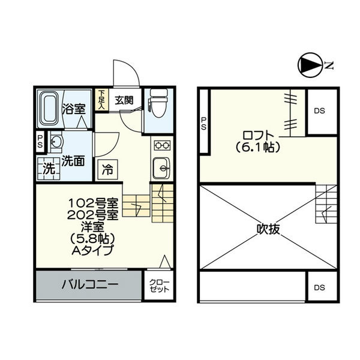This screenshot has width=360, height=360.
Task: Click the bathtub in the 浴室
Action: [50, 109]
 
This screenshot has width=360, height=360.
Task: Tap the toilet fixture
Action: [158, 103]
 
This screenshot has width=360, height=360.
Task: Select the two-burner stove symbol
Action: [163, 145]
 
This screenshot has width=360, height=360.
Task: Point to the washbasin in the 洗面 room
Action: [56, 142]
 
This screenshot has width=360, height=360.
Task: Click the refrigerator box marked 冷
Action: [107, 170]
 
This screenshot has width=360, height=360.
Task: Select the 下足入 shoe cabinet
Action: [102, 100]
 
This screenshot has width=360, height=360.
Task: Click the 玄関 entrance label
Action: [124, 100]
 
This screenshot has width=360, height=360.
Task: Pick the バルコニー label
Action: [90, 284]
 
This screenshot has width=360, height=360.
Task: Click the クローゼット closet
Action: [159, 286]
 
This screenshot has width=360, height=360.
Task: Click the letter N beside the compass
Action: [329, 65]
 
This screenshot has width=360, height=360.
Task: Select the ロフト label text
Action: [258, 136]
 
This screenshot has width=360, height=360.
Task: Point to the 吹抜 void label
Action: [268, 229]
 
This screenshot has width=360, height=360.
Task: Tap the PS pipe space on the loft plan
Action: [204, 121]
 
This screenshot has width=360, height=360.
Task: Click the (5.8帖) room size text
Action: [92, 239]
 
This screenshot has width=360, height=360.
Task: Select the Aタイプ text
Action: [93, 250]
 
